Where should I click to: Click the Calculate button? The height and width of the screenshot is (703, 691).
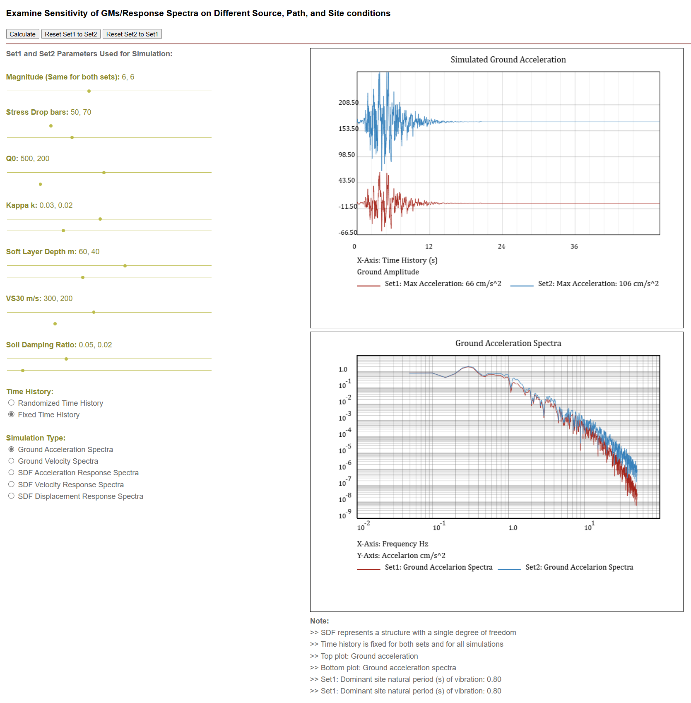[x=22, y=34]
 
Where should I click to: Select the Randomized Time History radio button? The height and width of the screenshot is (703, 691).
[x=12, y=403]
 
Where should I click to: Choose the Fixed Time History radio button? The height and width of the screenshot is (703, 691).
[x=12, y=414]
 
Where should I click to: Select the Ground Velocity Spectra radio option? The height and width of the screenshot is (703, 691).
[x=12, y=461]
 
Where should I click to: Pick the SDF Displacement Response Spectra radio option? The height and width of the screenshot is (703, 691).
[x=12, y=496]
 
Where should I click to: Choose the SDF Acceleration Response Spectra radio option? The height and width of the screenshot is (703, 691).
[x=12, y=472]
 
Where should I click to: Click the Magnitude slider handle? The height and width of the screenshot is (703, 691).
[x=89, y=91]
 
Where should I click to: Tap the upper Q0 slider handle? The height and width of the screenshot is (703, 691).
[x=104, y=173]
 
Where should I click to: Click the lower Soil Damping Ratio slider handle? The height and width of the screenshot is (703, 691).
[x=23, y=371]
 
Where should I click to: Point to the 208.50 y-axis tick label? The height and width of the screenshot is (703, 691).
[x=348, y=103]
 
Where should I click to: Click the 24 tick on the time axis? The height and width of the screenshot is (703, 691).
[x=501, y=247]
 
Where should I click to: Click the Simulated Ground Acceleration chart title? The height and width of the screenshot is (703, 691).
[x=508, y=60]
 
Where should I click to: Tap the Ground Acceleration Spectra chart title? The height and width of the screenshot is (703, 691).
[x=508, y=343]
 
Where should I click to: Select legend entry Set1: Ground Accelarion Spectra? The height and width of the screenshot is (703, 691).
[x=438, y=567]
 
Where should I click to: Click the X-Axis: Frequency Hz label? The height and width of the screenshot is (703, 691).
[x=392, y=544]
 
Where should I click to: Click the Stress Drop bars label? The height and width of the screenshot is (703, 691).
[x=37, y=112]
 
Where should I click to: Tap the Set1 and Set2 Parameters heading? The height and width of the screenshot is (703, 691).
[x=89, y=54]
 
